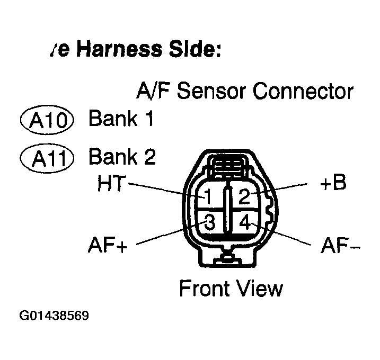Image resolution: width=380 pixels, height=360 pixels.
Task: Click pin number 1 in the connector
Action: tap(208, 197)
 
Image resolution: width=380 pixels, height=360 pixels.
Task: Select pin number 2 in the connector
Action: tap(243, 197)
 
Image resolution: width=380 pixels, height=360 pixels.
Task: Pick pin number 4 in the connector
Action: tap(245, 223)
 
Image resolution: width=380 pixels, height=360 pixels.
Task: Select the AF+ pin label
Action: tap(107, 246)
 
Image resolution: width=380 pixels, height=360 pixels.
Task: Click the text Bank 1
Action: tap(121, 119)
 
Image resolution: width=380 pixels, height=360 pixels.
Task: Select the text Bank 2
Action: tap(121, 157)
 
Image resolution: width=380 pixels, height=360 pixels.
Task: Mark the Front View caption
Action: tap(231, 289)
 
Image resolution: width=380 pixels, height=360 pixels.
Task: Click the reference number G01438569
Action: tap(54, 316)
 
